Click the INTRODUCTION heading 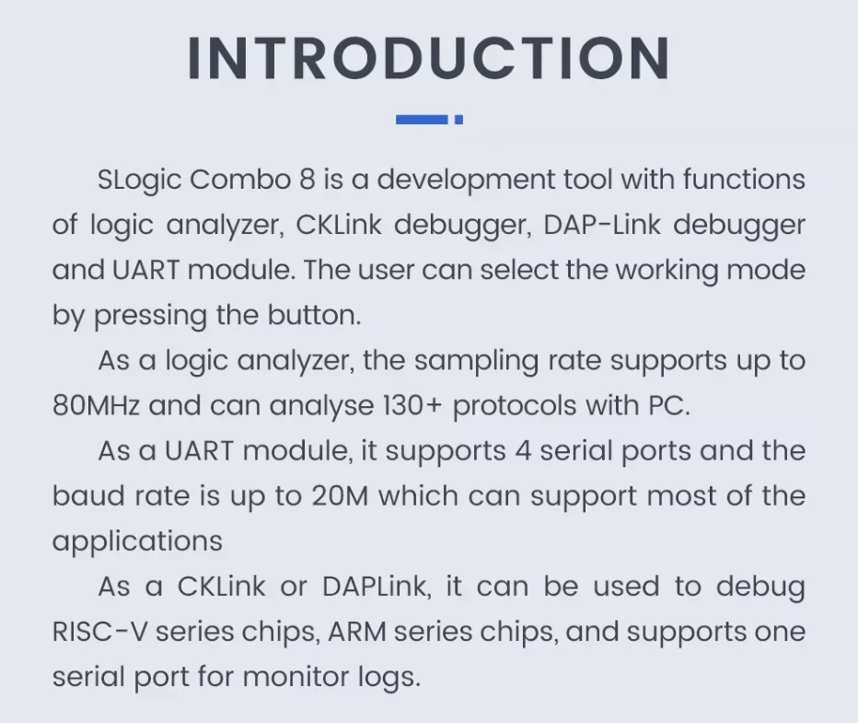pyautogui.click(x=428, y=59)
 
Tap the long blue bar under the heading pyautogui.click(x=422, y=120)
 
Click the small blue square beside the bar pyautogui.click(x=459, y=120)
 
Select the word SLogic pyautogui.click(x=139, y=181)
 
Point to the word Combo pyautogui.click(x=240, y=180)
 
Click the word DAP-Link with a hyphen pyautogui.click(x=602, y=225)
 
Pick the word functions pyautogui.click(x=744, y=179)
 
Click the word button pyautogui.click(x=314, y=315)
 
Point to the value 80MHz pyautogui.click(x=96, y=406)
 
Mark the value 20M pyautogui.click(x=340, y=496)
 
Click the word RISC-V pyautogui.click(x=99, y=632)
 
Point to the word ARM pyautogui.click(x=357, y=632)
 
